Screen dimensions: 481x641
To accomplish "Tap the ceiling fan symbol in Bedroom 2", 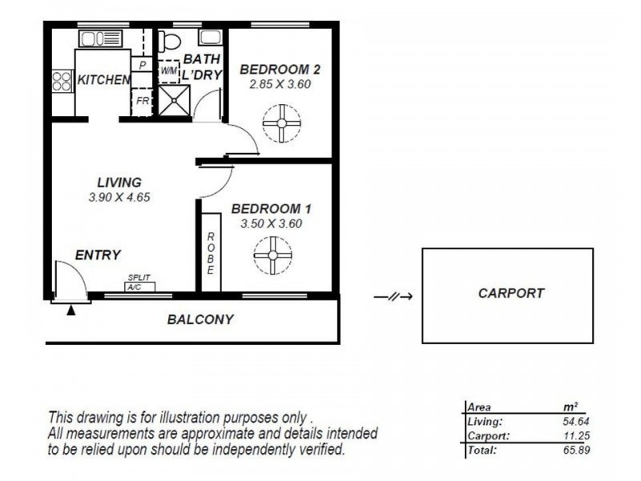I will tap(281, 126).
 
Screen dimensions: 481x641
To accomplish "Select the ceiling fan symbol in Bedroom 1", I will tap(271, 259).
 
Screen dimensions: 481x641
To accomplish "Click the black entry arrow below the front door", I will tap(71, 309).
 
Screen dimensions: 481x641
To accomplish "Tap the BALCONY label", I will tap(200, 319).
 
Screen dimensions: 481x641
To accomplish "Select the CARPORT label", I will tap(510, 293).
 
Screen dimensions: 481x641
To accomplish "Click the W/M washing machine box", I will tap(168, 71).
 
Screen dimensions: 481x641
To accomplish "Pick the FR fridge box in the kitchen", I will tap(142, 102).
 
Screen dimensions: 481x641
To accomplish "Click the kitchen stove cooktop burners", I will tap(62, 80).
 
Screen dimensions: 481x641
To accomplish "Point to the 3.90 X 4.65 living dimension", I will tap(120, 197).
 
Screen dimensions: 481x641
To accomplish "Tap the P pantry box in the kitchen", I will tap(142, 64).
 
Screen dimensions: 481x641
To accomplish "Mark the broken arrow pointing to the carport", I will tap(393, 297).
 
